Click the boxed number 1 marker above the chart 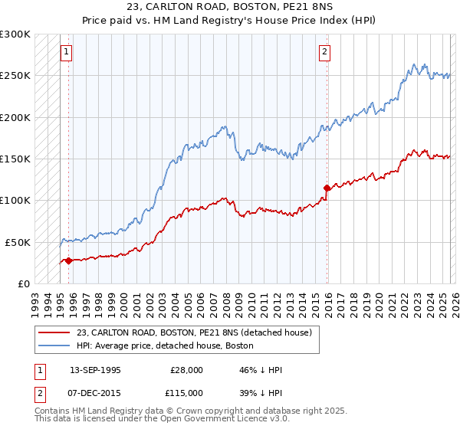(66, 52)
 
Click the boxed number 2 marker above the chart (325, 52)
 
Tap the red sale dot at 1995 (69, 260)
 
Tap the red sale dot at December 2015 (327, 188)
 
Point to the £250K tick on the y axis (16, 76)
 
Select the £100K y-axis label (16, 200)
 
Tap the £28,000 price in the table (187, 370)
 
